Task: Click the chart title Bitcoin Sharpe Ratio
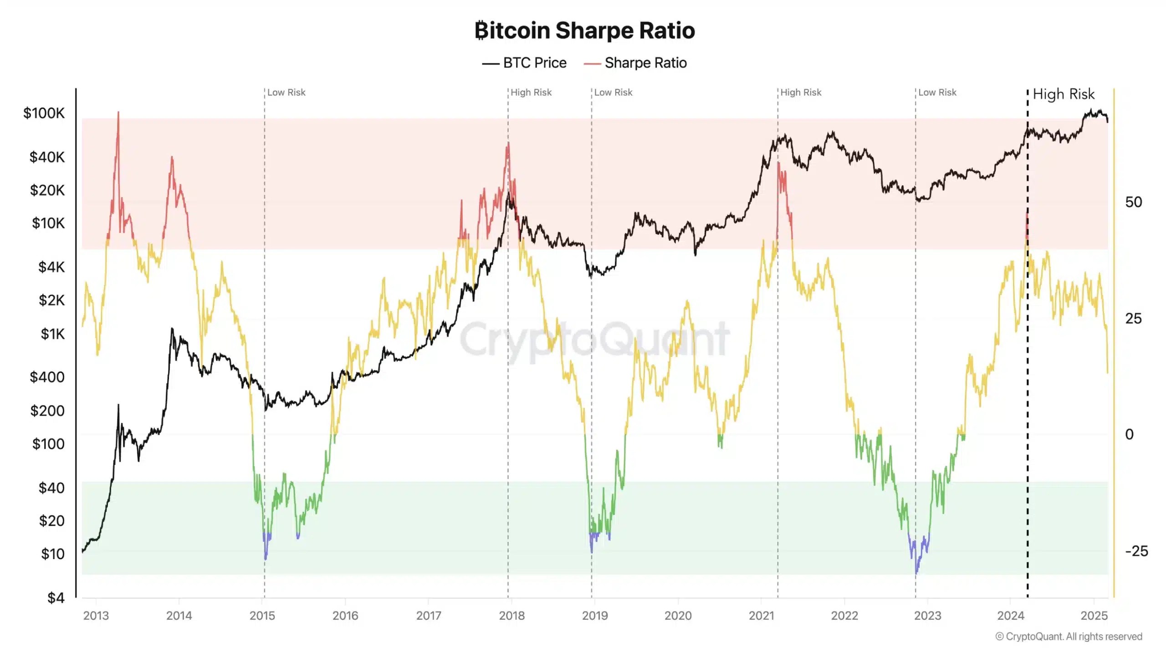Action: coord(584,31)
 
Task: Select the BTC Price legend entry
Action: coord(524,63)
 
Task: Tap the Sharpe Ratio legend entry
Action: coord(635,63)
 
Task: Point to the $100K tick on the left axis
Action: coord(44,113)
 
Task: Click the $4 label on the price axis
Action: coord(56,597)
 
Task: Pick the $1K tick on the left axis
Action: coord(52,334)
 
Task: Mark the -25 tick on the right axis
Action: coord(1136,551)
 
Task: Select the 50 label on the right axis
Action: coord(1133,202)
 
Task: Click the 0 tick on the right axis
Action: coord(1129,434)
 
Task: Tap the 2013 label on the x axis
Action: coord(96,616)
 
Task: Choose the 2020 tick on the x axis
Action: coord(678,616)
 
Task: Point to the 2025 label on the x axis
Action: coord(1094,616)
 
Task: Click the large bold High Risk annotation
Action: coord(1063,94)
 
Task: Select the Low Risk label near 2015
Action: coord(286,92)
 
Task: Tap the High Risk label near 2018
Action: coord(531,92)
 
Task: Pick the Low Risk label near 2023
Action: coord(937,92)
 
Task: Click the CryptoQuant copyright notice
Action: coord(1069,637)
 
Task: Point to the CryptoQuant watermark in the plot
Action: coord(594,339)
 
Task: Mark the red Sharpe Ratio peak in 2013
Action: coord(118,112)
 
